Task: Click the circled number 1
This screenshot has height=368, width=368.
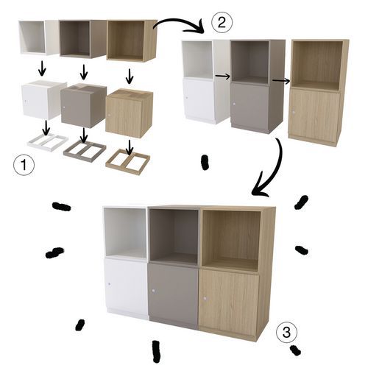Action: pos(24,164)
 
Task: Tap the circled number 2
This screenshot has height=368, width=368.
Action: pos(222,22)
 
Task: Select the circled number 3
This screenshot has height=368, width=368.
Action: pos(286,332)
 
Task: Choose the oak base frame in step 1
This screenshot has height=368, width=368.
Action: pos(127,161)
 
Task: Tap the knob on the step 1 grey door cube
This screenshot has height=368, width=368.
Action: pos(64,107)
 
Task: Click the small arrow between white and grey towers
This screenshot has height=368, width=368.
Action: pos(223,77)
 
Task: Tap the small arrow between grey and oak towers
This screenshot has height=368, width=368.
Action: pos(281,81)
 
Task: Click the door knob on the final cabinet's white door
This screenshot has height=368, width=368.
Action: pos(109,284)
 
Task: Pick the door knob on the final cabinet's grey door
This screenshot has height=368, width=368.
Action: pos(154,291)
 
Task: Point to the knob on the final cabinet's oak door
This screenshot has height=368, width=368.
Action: pos(205,299)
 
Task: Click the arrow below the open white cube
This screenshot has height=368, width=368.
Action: pos(42,68)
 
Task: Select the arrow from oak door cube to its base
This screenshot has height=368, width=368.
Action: pos(130,148)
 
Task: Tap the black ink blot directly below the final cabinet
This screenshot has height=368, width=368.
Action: pos(156,351)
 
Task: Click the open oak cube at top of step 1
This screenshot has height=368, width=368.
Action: pos(132,41)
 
